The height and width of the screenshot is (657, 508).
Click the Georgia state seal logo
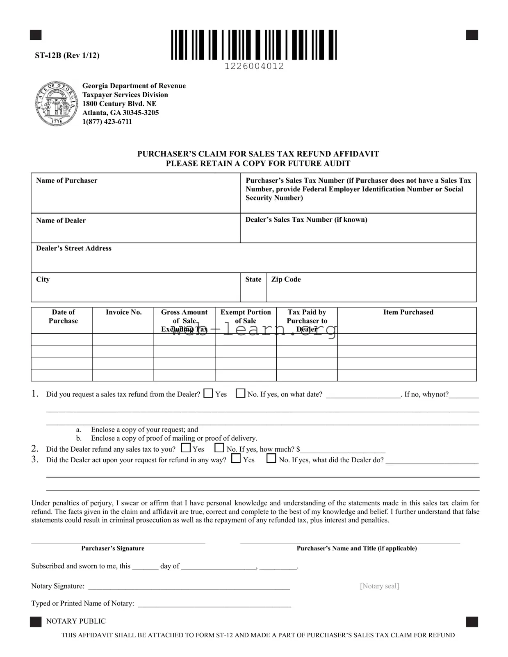(56, 103)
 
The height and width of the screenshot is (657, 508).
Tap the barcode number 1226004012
(254, 66)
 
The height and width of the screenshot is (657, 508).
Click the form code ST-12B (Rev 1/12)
(67, 55)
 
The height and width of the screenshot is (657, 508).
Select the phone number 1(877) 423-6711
(107, 122)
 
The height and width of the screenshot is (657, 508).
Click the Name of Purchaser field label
(66, 180)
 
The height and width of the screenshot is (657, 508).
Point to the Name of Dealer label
(61, 221)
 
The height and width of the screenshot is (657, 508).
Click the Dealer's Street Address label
(73, 248)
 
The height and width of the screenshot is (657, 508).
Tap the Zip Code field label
(286, 280)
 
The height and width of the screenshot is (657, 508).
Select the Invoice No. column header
(123, 312)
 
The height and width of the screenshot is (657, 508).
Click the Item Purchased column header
(408, 312)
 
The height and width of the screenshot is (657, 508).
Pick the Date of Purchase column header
(63, 316)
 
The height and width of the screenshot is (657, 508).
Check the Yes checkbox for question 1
(208, 393)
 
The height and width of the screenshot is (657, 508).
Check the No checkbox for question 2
(219, 448)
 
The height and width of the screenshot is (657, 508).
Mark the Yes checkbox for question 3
(236, 459)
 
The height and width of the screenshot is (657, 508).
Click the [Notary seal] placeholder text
(379, 586)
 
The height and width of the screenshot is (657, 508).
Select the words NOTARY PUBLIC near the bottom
(76, 621)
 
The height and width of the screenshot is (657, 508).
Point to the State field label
(253, 280)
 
